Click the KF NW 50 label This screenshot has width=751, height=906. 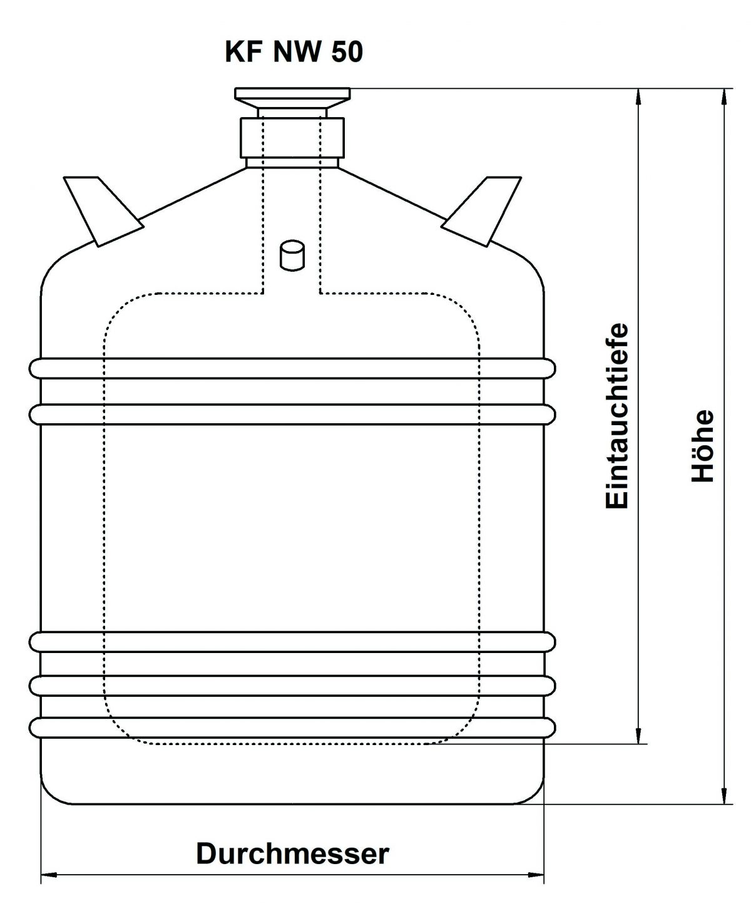(x=294, y=53)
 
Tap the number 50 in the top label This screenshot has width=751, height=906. (x=347, y=53)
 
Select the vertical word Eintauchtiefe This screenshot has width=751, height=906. (x=617, y=415)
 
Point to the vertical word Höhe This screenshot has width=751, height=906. (x=703, y=445)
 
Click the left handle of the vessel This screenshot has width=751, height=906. (x=100, y=209)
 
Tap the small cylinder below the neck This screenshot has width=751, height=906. (x=292, y=256)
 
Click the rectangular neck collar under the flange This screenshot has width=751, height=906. (x=292, y=137)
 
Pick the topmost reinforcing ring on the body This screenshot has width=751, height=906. (x=292, y=368)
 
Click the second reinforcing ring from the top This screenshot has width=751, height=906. (x=292, y=413)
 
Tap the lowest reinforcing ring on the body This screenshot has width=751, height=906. (x=292, y=727)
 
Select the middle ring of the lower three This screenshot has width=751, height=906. (x=292, y=685)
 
